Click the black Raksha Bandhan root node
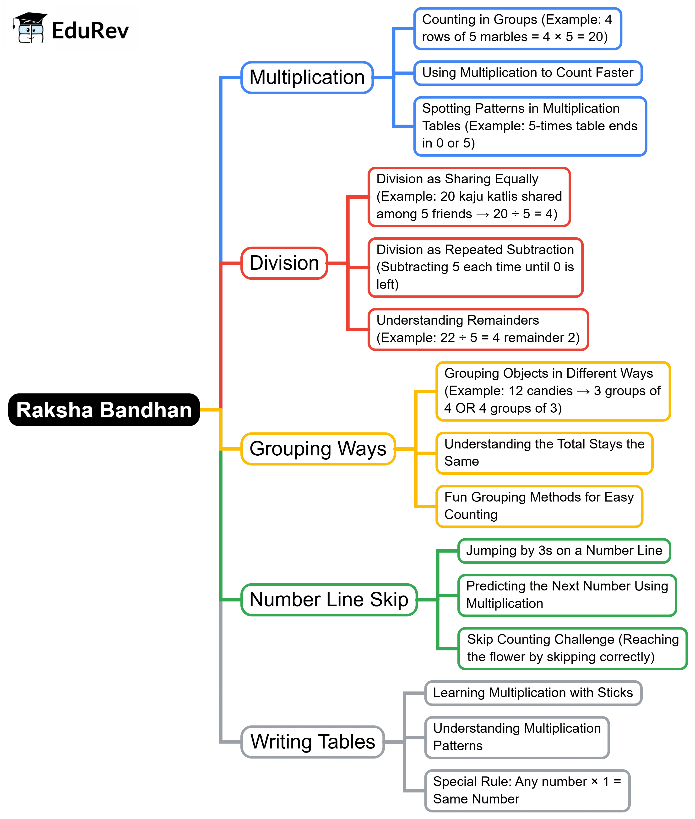point(104,410)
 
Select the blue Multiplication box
point(307,77)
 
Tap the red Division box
point(284,263)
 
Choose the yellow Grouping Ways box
point(318,448)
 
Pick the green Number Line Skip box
point(329,600)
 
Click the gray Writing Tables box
point(312,742)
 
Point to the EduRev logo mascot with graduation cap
point(30,27)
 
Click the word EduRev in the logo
point(90,31)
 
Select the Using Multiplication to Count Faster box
point(527,73)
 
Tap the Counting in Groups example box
point(517,28)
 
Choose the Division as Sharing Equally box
point(469,197)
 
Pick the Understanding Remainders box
point(478,329)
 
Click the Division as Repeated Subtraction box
point(475,267)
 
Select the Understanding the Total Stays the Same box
point(544,453)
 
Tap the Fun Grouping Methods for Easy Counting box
point(539,506)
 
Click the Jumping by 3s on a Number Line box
point(564,551)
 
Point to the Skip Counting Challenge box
point(572,648)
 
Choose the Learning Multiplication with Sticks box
point(533,693)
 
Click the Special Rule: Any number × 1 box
point(527,790)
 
